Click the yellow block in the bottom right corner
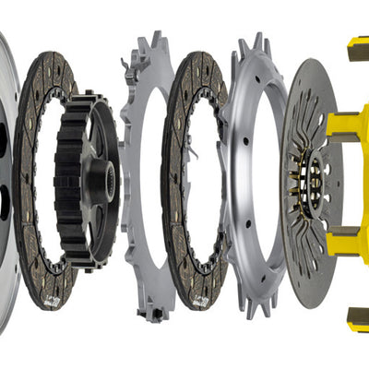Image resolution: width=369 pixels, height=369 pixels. (x=357, y=319)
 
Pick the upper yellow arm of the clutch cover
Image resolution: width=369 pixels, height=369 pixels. (x=346, y=129)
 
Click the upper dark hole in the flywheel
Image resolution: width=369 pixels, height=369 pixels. (x=3, y=138)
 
